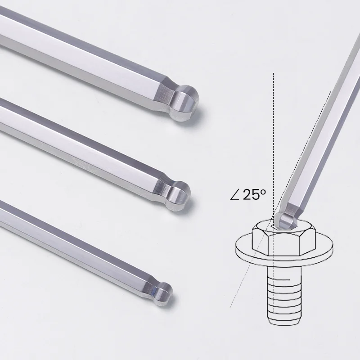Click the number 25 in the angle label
pyautogui.click(x=251, y=194)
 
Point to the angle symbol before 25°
pyautogui.click(x=234, y=195)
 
